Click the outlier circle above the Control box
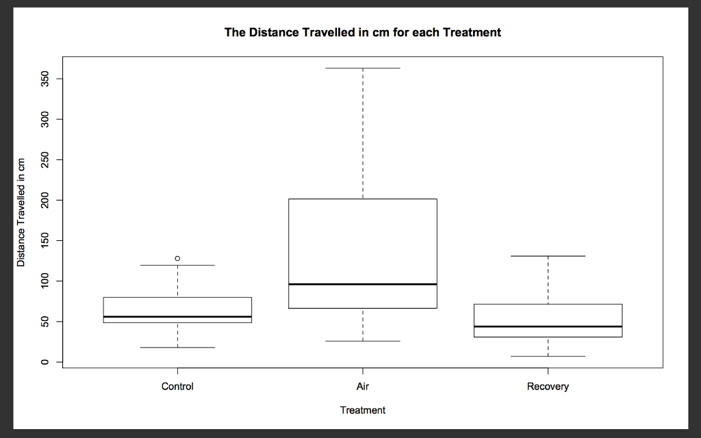pyautogui.click(x=177, y=258)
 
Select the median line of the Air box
pyautogui.click(x=363, y=284)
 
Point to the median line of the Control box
pyautogui.click(x=177, y=316)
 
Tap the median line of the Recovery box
pyautogui.click(x=548, y=326)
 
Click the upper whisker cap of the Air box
pyautogui.click(x=363, y=68)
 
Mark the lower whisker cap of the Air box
pyautogui.click(x=363, y=341)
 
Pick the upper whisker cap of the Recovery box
pyautogui.click(x=548, y=256)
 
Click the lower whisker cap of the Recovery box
pyautogui.click(x=548, y=356)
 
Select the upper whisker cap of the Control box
pyautogui.click(x=177, y=265)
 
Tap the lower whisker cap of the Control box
pyautogui.click(x=177, y=347)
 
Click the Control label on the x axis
pyautogui.click(x=177, y=386)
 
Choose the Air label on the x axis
pyautogui.click(x=363, y=386)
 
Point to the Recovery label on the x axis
pyautogui.click(x=548, y=387)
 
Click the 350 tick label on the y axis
pyautogui.click(x=44, y=79)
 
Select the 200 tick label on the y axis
pyautogui.click(x=44, y=201)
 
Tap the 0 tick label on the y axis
pyautogui.click(x=44, y=362)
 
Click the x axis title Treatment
pyautogui.click(x=363, y=411)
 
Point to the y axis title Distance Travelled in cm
pyautogui.click(x=21, y=212)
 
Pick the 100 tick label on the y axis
pyautogui.click(x=44, y=281)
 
